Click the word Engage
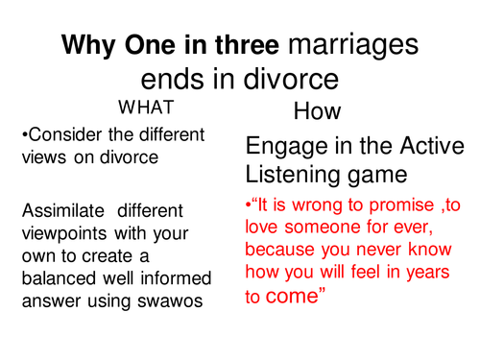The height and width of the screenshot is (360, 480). pos(282,147)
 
